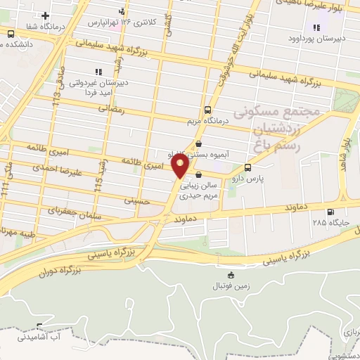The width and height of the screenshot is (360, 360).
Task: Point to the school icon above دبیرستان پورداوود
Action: (316, 28)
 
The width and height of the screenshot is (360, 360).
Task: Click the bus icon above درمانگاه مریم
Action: (207, 110)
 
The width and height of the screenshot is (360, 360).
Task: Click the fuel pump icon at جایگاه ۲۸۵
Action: (330, 212)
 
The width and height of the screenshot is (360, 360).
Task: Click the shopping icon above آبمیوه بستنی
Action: (207, 143)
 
